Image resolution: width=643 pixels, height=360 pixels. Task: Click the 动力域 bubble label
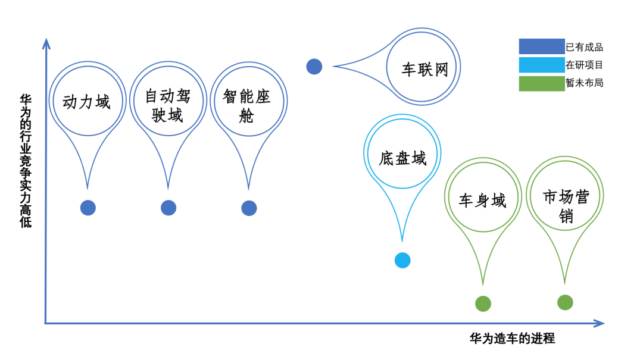[86, 102]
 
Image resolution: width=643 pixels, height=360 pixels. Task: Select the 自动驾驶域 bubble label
[168, 106]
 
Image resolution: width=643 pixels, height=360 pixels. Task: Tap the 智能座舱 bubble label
[247, 106]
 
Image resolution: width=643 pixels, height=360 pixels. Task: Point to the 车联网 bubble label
[425, 69]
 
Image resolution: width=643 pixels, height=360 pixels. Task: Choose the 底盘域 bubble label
[402, 158]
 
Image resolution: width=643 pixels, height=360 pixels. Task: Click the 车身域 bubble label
[482, 201]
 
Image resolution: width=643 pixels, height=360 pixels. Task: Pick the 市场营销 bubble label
[566, 206]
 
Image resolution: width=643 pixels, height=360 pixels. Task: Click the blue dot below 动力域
[88, 208]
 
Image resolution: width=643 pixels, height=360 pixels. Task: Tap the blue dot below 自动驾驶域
[168, 208]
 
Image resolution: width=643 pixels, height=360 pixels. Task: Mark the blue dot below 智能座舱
[249, 208]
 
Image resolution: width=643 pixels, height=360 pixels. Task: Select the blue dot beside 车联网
[314, 67]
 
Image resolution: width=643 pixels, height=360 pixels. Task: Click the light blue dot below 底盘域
[402, 261]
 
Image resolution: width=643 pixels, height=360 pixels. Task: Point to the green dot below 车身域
[483, 304]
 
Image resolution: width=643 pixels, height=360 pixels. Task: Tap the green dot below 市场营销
[565, 303]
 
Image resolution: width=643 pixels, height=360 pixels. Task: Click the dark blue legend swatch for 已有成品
[542, 46]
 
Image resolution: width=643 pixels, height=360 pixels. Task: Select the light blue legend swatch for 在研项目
[542, 65]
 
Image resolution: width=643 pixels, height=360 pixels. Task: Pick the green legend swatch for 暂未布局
[542, 83]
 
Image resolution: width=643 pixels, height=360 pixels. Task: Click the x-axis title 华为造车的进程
[512, 338]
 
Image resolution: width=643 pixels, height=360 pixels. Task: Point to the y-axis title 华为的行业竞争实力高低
[26, 161]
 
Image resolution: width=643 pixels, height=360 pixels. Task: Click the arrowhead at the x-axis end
[600, 324]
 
